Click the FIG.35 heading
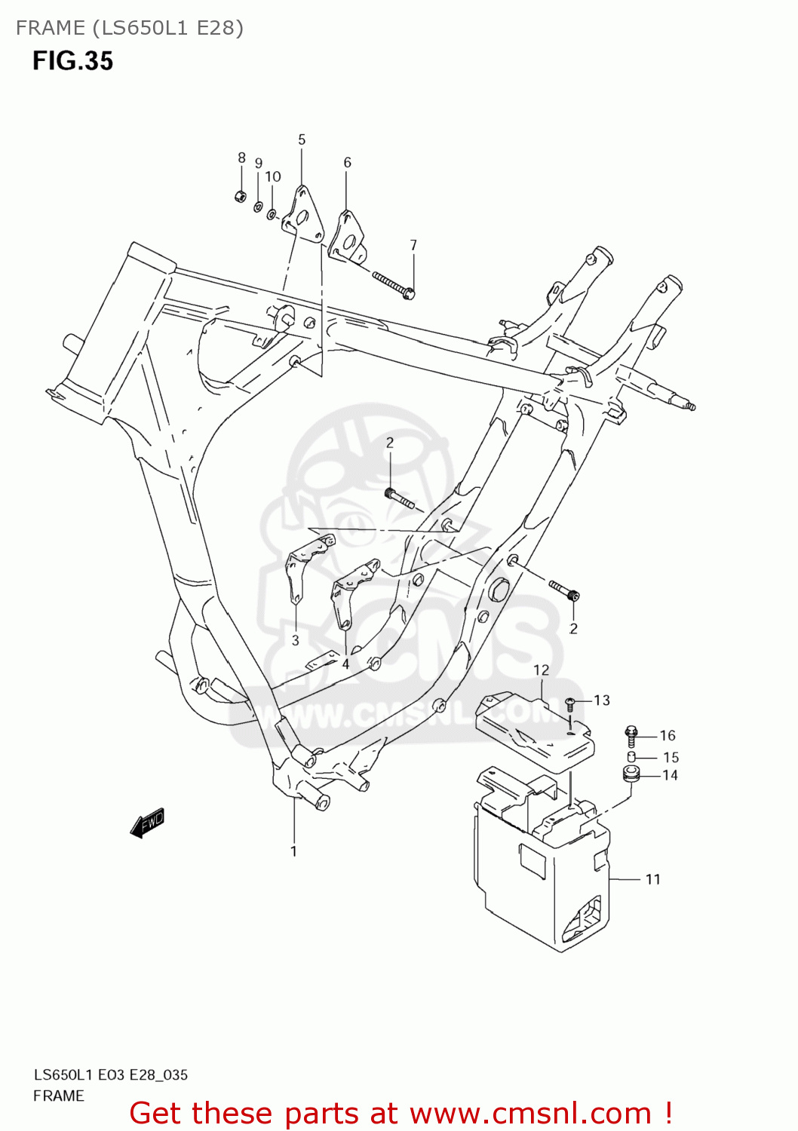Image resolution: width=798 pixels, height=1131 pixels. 72,61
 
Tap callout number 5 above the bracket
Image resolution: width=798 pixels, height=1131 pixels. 302,139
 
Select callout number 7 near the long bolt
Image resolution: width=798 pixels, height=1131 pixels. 413,245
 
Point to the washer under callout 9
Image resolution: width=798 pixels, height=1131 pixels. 258,207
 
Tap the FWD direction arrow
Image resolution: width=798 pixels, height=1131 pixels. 147,823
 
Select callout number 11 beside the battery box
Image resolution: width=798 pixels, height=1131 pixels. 652,879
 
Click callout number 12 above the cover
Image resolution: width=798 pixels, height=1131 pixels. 541,670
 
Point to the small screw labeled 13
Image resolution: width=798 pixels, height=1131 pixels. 571,704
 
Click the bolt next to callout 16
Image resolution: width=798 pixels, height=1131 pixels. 632,734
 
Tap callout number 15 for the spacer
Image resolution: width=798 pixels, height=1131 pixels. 671,757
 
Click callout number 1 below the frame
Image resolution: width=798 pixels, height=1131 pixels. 293,851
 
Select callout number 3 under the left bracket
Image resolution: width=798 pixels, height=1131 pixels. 295,640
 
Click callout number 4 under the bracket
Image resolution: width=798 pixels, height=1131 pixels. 345,664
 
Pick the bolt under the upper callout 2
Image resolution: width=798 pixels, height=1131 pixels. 398,498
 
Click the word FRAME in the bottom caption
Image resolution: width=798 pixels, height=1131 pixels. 59,1096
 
